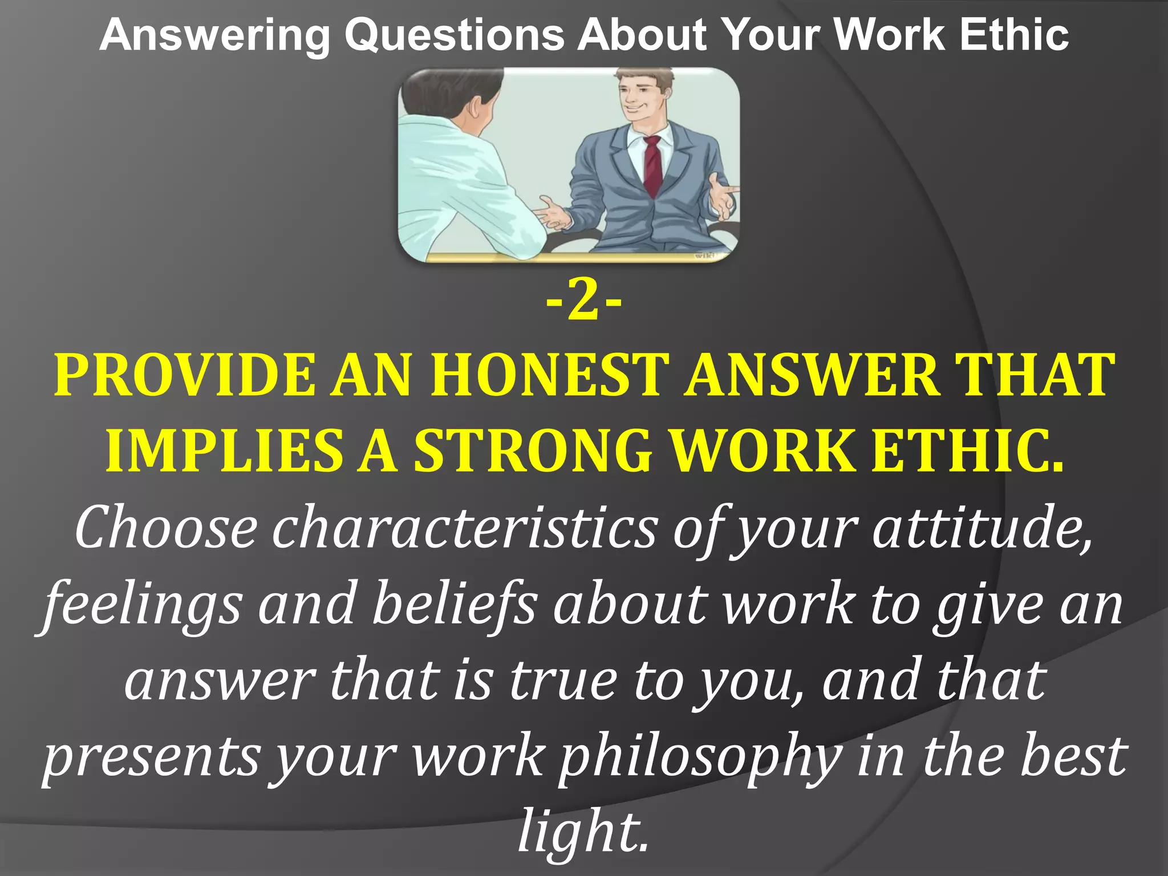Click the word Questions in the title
[455, 35]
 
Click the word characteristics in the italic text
[465, 528]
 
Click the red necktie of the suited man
[652, 165]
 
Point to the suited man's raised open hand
[723, 197]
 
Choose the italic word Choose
[165, 528]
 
